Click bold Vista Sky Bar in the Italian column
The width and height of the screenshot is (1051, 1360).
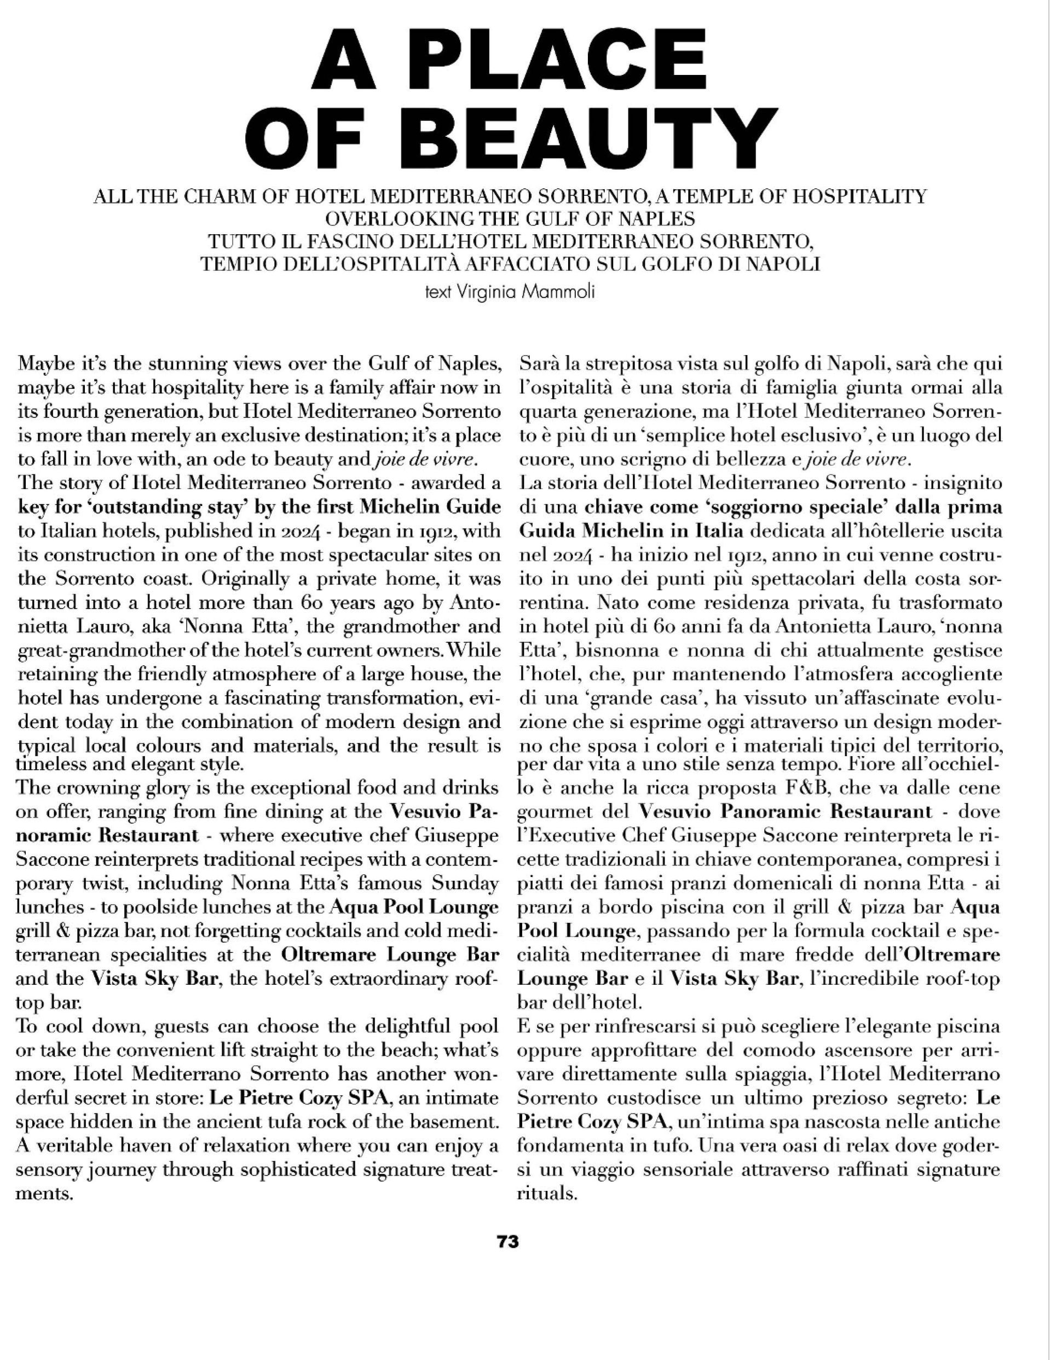(734, 978)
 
